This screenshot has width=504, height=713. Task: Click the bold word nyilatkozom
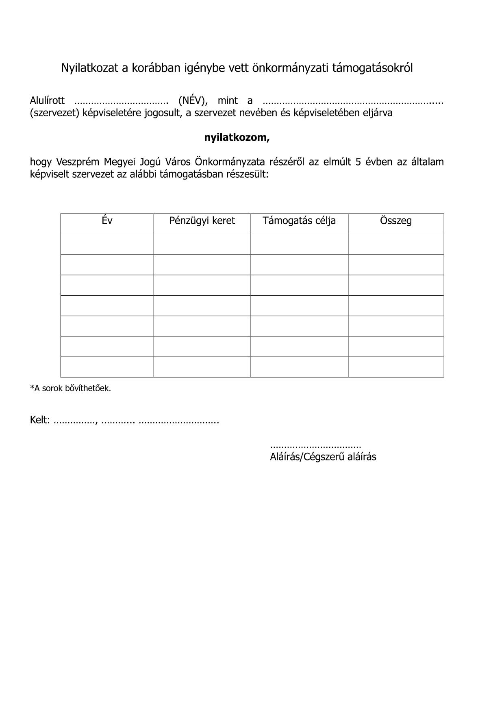(x=237, y=137)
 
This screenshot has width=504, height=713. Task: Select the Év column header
(x=107, y=221)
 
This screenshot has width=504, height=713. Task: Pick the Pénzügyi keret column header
(x=202, y=221)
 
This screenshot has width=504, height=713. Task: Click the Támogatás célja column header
(x=299, y=221)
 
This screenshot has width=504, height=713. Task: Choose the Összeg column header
(x=396, y=221)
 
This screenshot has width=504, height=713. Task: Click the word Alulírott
(x=47, y=100)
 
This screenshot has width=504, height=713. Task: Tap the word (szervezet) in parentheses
(x=54, y=113)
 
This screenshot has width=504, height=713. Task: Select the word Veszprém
(x=78, y=162)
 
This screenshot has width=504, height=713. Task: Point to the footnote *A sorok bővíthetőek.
(x=70, y=388)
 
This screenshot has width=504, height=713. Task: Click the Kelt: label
(x=40, y=420)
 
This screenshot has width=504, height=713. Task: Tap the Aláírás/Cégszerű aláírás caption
(x=323, y=457)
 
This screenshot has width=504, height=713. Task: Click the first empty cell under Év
(x=107, y=244)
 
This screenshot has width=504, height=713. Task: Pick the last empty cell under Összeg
(x=396, y=367)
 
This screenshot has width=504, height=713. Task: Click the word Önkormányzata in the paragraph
(x=230, y=162)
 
